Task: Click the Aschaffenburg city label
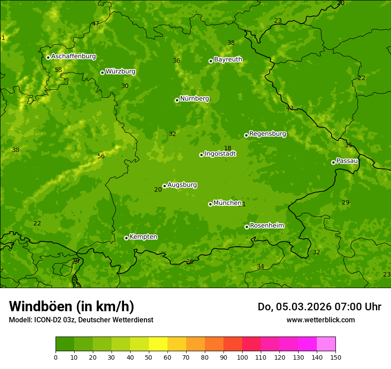[73, 56]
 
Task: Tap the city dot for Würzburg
[102, 72]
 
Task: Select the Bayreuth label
[228, 60]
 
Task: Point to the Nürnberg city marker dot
[177, 100]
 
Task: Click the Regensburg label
[267, 134]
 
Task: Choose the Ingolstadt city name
[220, 154]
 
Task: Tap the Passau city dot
[333, 162]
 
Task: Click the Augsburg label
[182, 185]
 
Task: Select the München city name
[227, 203]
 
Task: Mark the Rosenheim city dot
[247, 227]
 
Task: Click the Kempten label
[143, 237]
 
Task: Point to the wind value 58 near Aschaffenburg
[58, 70]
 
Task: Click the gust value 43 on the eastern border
[290, 108]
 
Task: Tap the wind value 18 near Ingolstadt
[227, 148]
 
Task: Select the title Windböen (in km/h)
[71, 306]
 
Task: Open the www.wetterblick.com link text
[320, 320]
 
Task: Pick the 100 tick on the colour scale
[242, 357]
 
